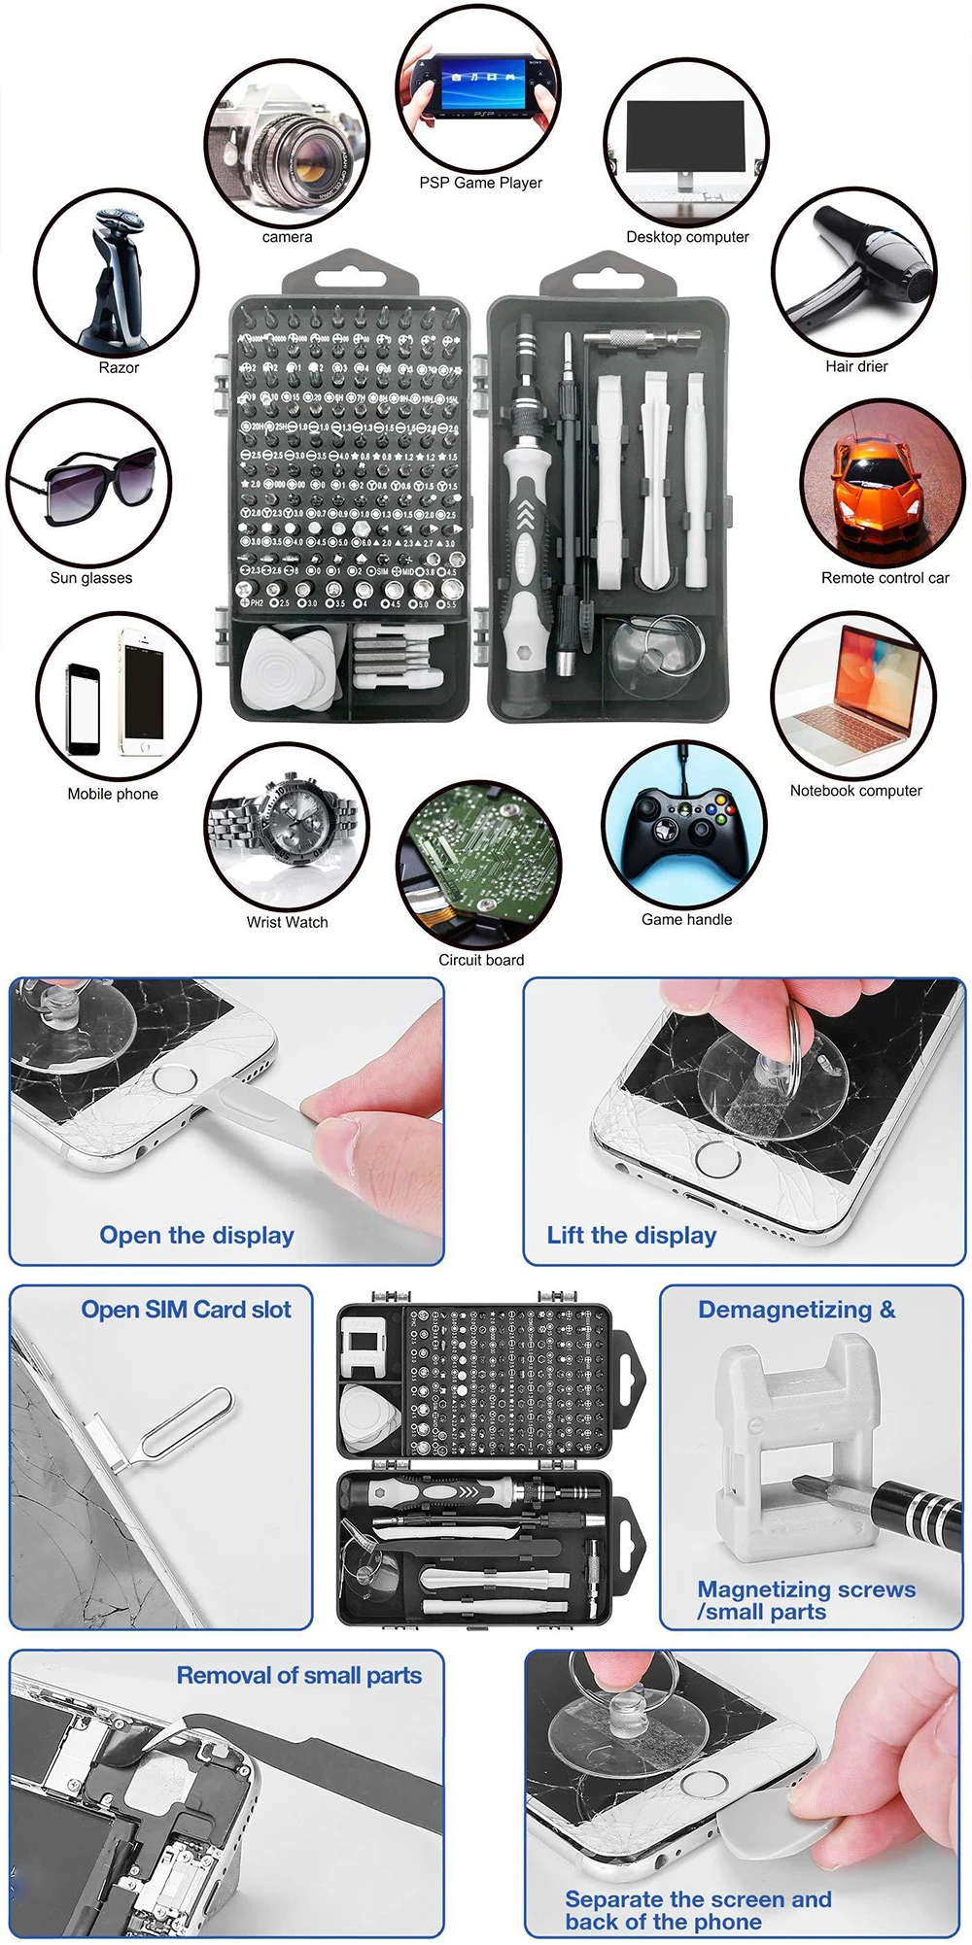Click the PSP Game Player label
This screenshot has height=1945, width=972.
(x=480, y=183)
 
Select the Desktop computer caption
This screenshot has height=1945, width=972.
(x=687, y=237)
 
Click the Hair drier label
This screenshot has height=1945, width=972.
(x=856, y=366)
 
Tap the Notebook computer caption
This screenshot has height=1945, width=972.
(x=855, y=791)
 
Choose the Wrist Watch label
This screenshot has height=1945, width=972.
(x=287, y=922)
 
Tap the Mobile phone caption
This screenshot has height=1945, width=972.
(x=113, y=794)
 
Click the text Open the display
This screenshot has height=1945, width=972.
(x=196, y=1236)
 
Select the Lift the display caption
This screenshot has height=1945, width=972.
(x=631, y=1236)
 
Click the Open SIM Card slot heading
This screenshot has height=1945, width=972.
(x=186, y=1310)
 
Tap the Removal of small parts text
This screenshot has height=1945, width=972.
(x=299, y=1676)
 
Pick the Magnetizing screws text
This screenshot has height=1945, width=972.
(x=806, y=1589)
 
